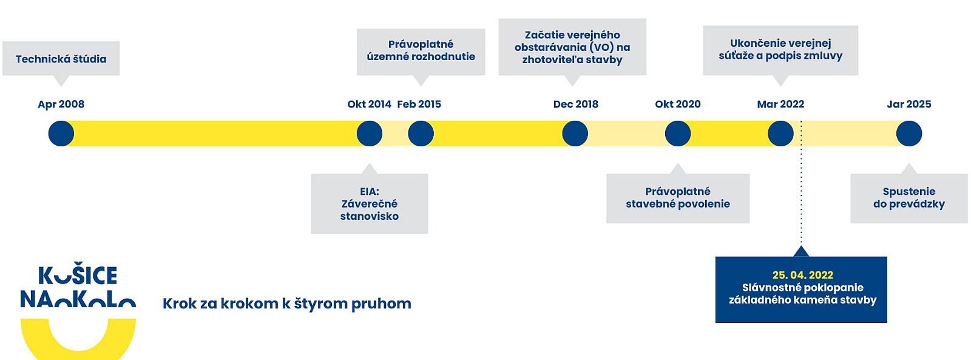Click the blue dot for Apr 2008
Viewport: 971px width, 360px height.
tap(61, 134)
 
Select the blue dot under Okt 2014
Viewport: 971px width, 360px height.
tap(370, 134)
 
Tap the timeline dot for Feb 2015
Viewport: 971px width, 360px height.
tap(421, 134)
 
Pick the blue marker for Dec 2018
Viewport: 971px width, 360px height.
tap(575, 134)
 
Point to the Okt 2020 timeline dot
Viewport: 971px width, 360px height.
tap(678, 134)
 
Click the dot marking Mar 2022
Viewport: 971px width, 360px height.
tap(780, 134)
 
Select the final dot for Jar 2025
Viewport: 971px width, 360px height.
tap(909, 134)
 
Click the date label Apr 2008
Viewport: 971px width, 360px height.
tap(61, 104)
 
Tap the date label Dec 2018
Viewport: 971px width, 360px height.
tap(576, 104)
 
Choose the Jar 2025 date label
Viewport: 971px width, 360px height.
tap(909, 104)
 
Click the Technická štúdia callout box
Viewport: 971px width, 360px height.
tap(61, 58)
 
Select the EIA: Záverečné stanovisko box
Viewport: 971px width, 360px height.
tap(370, 204)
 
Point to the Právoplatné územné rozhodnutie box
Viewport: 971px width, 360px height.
tap(421, 52)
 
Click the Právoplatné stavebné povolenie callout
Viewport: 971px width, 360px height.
tap(678, 199)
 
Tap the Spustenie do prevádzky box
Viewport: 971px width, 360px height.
tap(909, 199)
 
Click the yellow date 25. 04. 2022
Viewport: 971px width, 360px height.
tap(803, 275)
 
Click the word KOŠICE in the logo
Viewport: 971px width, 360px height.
tap(78, 275)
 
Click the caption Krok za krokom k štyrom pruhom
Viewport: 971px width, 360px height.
tap(287, 304)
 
